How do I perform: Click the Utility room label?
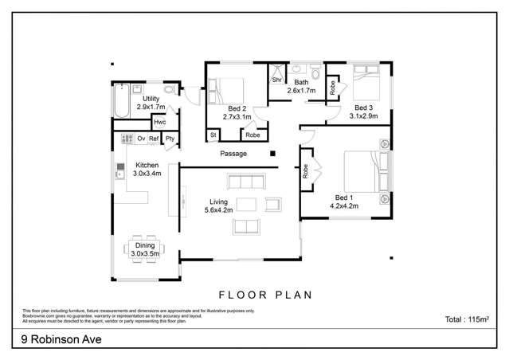click(151, 103)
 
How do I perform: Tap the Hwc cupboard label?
click(160, 122)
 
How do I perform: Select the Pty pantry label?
click(170, 139)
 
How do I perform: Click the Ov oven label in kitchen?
click(141, 139)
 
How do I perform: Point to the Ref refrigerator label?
click(154, 139)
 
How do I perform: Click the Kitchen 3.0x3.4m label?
click(148, 169)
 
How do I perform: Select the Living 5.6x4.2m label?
click(218, 206)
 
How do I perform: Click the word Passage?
click(233, 154)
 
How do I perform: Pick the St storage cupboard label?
click(213, 136)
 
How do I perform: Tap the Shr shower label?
click(277, 80)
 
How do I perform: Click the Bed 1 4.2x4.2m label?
click(343, 201)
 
